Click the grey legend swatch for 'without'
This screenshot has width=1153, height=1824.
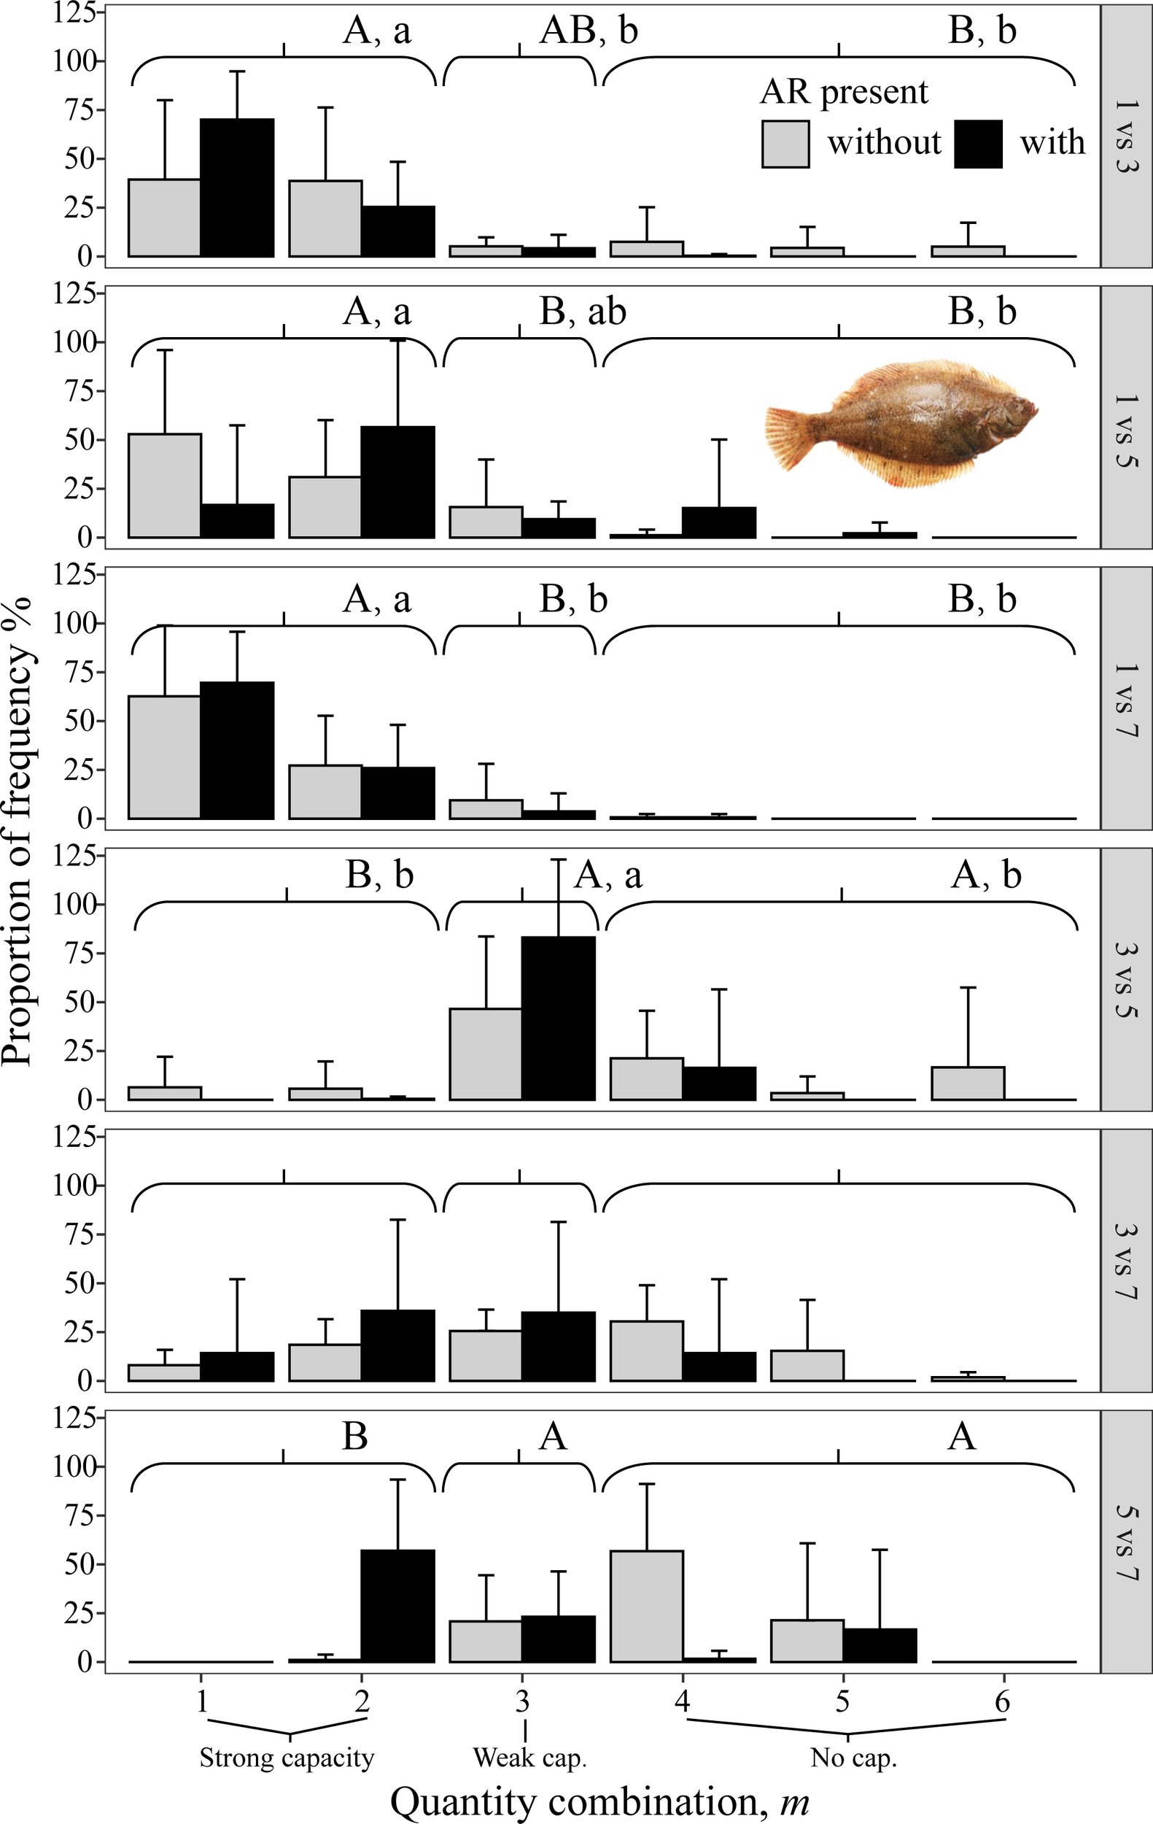click(785, 144)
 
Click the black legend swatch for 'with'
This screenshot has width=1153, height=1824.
click(977, 144)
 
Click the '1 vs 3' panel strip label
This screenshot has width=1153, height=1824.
click(1127, 136)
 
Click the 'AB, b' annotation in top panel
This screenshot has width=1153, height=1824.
click(589, 31)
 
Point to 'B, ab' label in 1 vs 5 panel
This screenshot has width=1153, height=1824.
click(582, 312)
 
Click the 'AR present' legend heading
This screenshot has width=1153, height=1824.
click(843, 93)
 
